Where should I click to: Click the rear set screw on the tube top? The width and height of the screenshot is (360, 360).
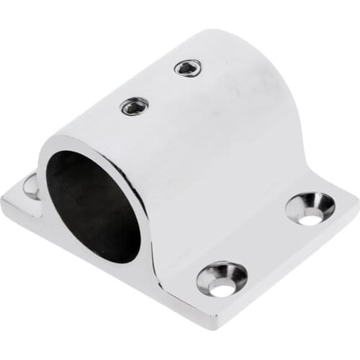(x=187, y=68)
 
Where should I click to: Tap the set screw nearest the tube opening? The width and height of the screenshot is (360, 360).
(x=133, y=107)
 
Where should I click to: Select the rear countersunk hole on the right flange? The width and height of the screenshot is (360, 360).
(x=310, y=208)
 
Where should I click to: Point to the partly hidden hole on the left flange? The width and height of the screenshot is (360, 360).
(x=31, y=186)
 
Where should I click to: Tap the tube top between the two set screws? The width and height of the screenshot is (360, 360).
(x=160, y=88)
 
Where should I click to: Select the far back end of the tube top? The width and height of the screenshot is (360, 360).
(x=216, y=36)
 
